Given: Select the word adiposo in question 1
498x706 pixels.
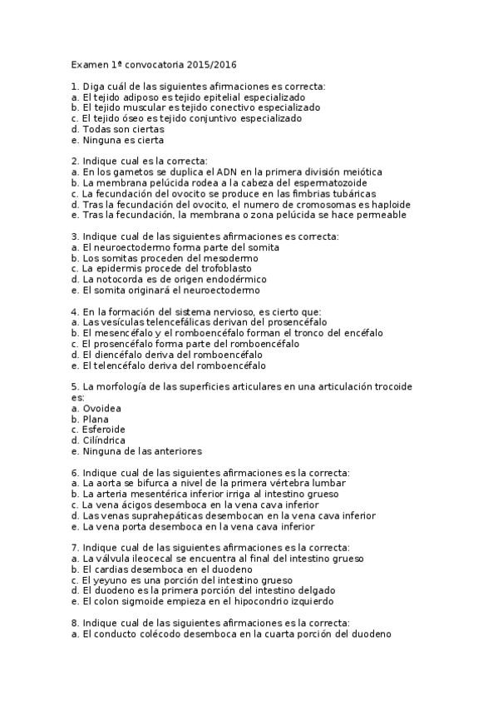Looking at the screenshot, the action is pos(141,97).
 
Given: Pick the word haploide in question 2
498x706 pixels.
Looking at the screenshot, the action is pos(385,204).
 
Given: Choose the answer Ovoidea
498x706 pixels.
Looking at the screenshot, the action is pos(101,408).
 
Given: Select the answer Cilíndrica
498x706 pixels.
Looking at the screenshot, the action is pos(104,440).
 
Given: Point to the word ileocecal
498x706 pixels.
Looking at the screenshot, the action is pos(159,559).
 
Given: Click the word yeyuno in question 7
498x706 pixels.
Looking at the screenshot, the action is pos(106,580).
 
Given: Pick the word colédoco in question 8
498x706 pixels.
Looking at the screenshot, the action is pos(163,634).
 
